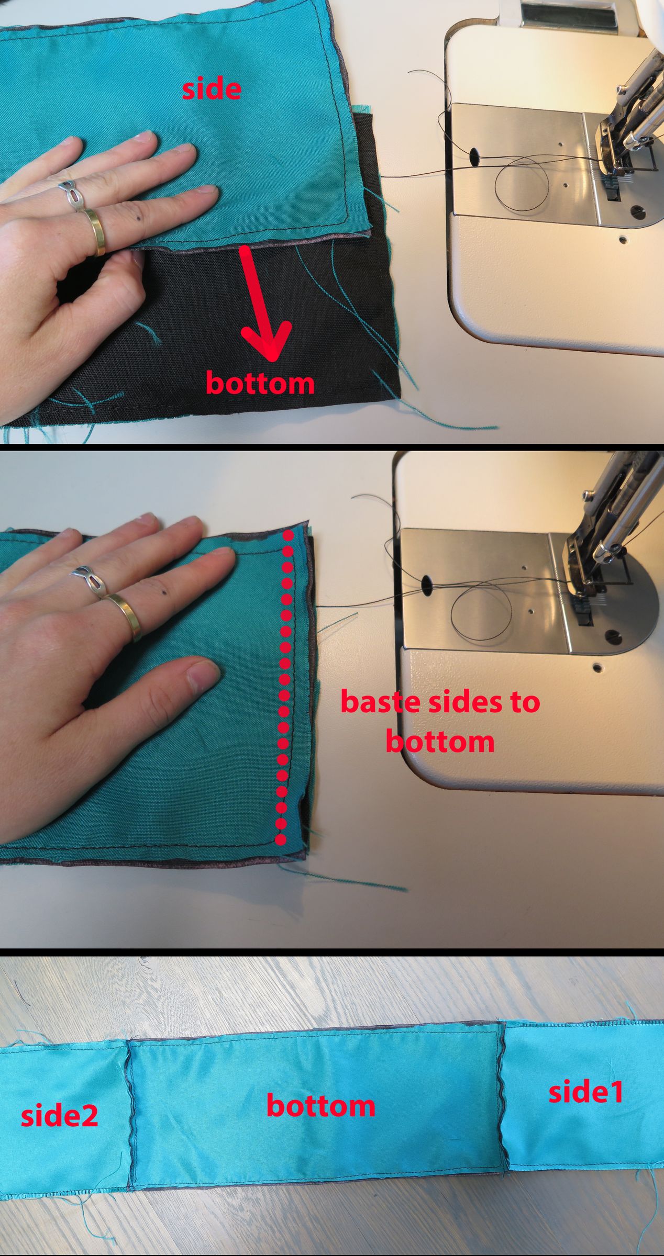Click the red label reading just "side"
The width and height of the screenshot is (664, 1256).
(212, 89)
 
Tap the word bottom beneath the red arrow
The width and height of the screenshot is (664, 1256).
(260, 383)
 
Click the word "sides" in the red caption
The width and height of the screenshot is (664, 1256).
(461, 702)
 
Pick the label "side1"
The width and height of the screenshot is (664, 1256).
(586, 1093)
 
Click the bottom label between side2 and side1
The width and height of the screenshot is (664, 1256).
(320, 1106)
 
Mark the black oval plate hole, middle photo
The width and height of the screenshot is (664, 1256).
(427, 584)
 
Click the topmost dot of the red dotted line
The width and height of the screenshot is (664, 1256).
(287, 535)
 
